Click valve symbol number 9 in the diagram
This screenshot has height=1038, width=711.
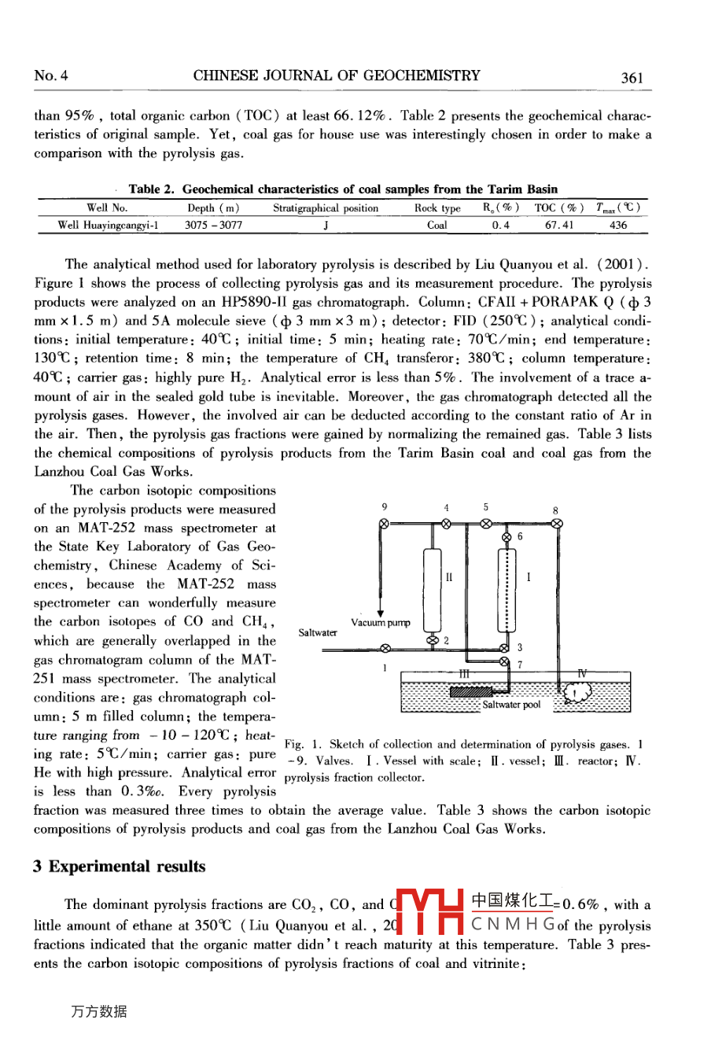pos(383,524)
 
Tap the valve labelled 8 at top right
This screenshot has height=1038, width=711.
pos(557,524)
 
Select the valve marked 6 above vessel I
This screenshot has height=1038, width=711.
pos(506,537)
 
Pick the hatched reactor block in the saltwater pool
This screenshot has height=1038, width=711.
pos(470,690)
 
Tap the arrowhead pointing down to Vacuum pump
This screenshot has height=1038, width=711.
pos(381,613)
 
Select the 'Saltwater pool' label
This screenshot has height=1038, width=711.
pos(511,705)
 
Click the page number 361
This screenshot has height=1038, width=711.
pos(632,77)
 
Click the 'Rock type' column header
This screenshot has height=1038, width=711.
pos(437,208)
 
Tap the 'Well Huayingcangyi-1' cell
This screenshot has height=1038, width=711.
pos(108,225)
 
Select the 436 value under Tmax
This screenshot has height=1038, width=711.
pos(618,225)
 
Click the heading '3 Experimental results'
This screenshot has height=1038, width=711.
pos(119,867)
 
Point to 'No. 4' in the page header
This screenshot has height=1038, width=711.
pos(51,76)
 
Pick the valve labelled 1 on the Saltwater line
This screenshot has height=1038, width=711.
pos(385,649)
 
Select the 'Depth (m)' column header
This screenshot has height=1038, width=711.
pos(213,208)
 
